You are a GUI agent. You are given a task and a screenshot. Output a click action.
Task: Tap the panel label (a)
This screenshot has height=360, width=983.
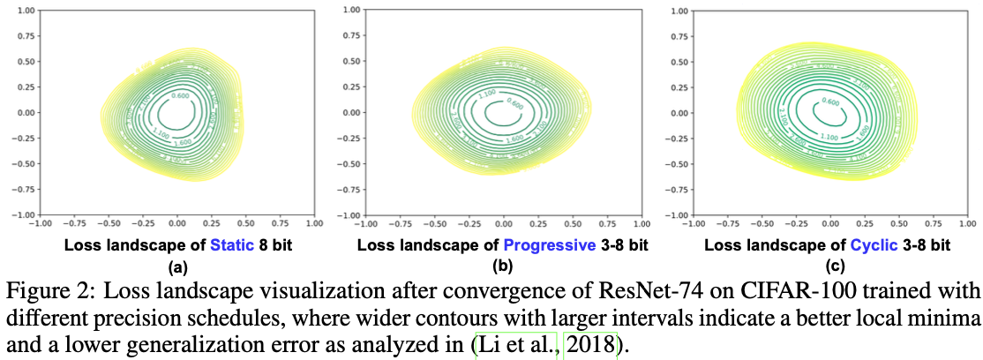point(177,266)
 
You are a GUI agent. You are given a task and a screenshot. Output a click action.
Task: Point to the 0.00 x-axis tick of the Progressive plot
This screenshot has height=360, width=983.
point(500,224)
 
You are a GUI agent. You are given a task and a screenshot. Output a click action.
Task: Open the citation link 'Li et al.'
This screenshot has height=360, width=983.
point(516,342)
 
